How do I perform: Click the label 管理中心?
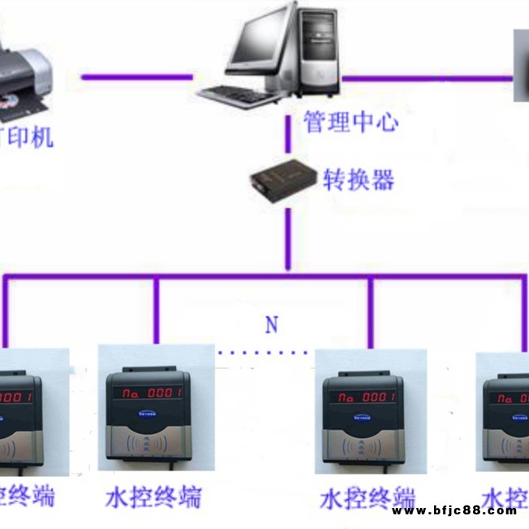click(351, 124)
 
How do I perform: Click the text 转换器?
click(358, 180)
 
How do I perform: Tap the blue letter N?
click(271, 326)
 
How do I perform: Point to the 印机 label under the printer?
click(29, 137)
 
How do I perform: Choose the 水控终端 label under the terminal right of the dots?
click(368, 497)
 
